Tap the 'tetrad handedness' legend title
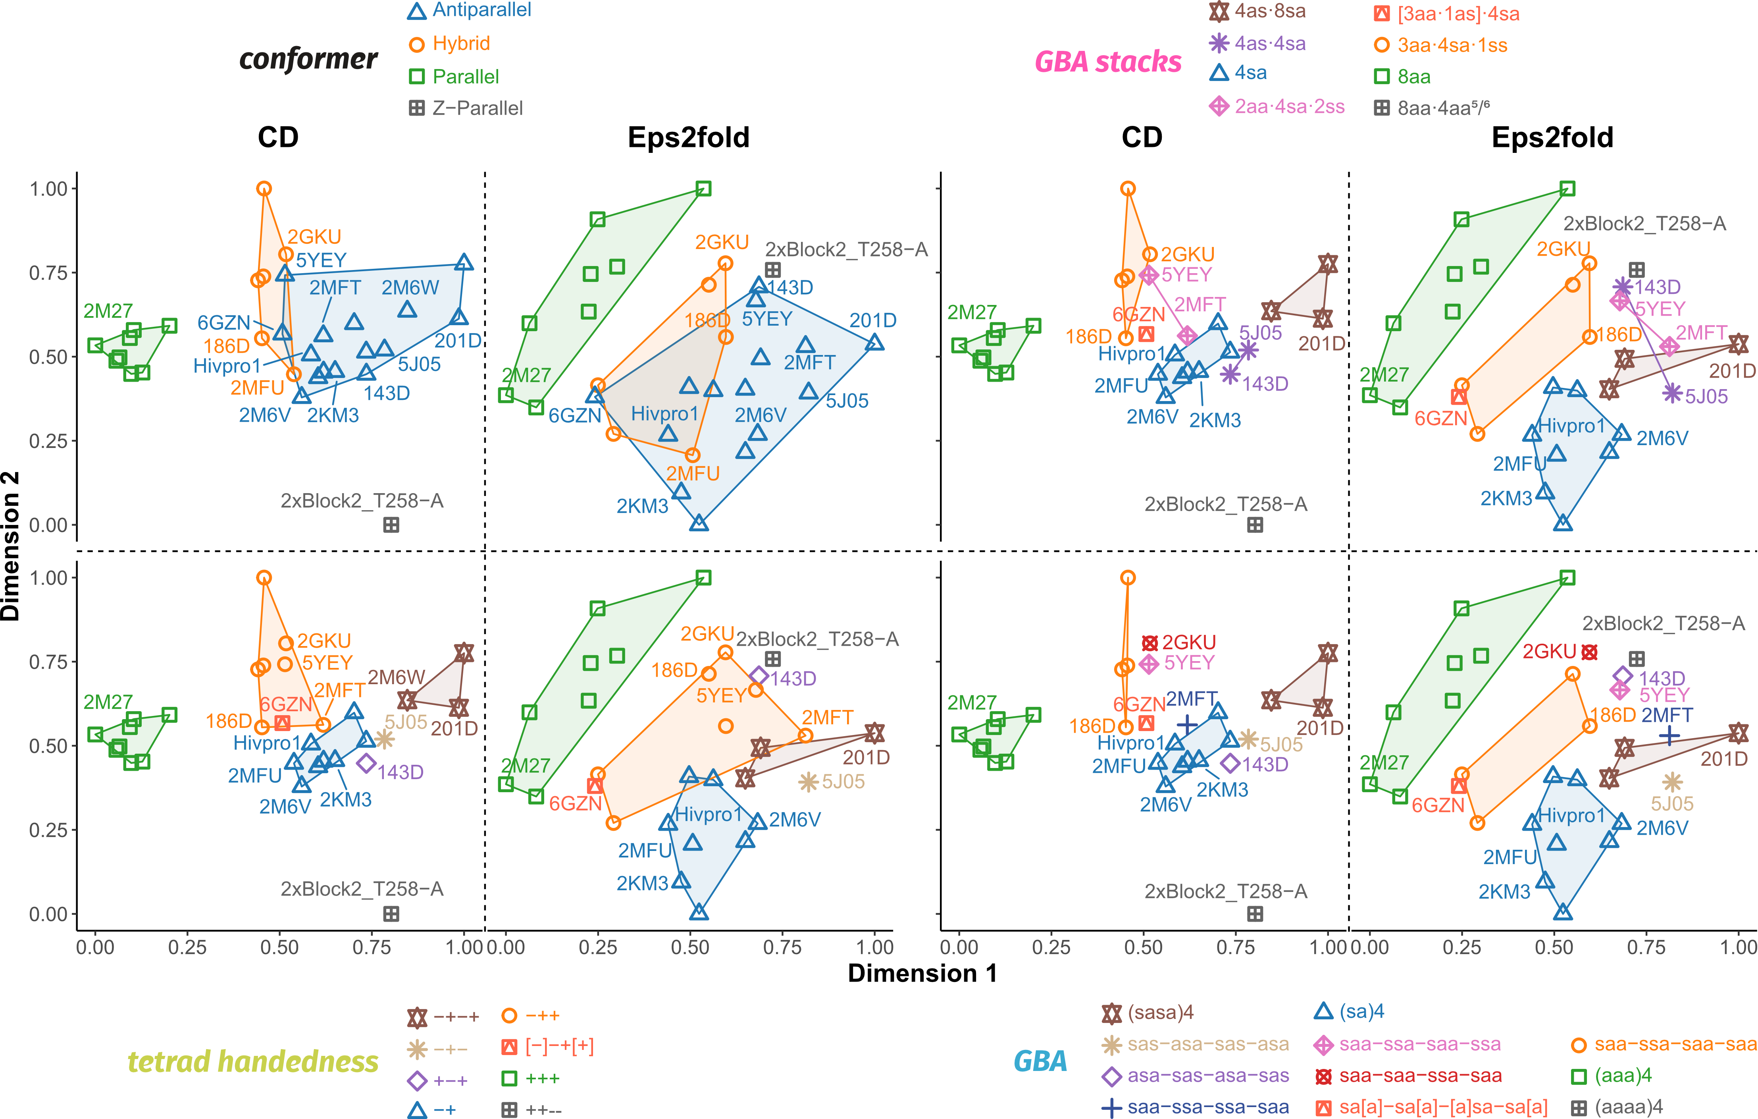point(252,1061)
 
